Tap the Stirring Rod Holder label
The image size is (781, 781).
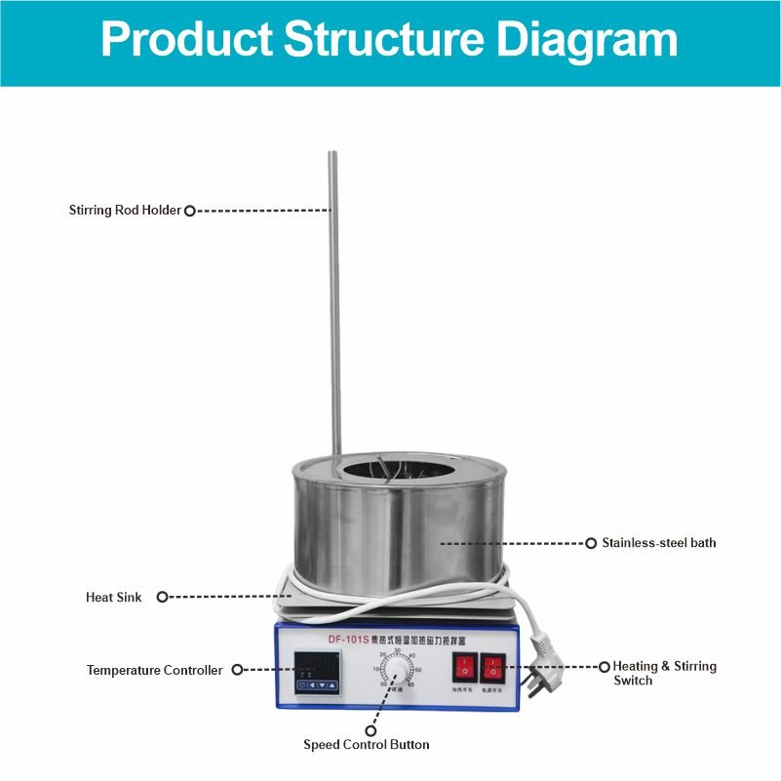click(x=125, y=210)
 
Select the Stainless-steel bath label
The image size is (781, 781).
click(x=658, y=542)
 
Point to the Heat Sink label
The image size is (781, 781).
click(x=113, y=597)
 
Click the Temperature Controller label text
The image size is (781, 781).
click(x=154, y=670)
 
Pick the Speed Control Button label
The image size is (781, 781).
click(x=366, y=745)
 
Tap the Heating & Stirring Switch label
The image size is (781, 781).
click(x=664, y=673)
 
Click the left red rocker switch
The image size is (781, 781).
click(x=464, y=668)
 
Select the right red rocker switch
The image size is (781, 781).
click(x=493, y=668)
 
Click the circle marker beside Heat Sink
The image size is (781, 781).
click(x=163, y=597)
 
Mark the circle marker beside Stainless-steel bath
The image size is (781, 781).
click(x=590, y=543)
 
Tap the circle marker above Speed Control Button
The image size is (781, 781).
click(x=371, y=729)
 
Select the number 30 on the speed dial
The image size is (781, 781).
click(x=397, y=650)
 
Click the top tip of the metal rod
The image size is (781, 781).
click(x=332, y=154)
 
